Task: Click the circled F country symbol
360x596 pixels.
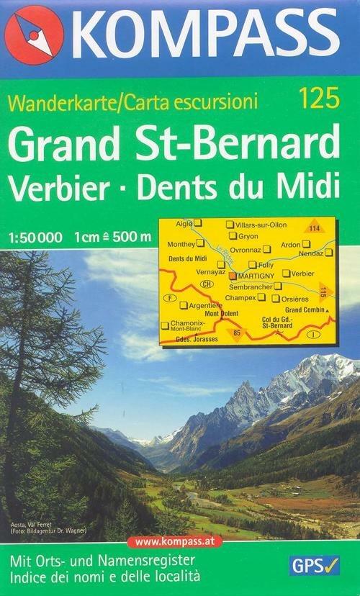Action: pos(170,297)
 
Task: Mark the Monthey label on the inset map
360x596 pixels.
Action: pos(181,244)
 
